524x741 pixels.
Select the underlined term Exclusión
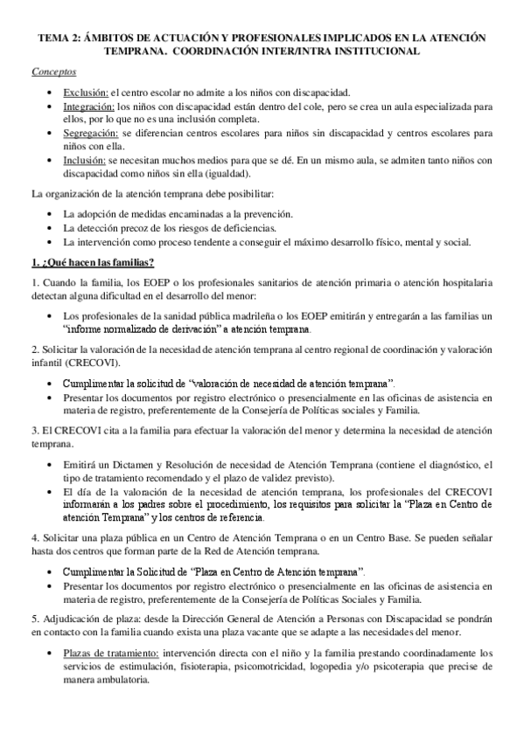pos(86,92)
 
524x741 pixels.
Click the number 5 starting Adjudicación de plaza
pos(33,616)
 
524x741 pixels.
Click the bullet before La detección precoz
pos(52,228)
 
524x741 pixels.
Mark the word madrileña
pos(221,316)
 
